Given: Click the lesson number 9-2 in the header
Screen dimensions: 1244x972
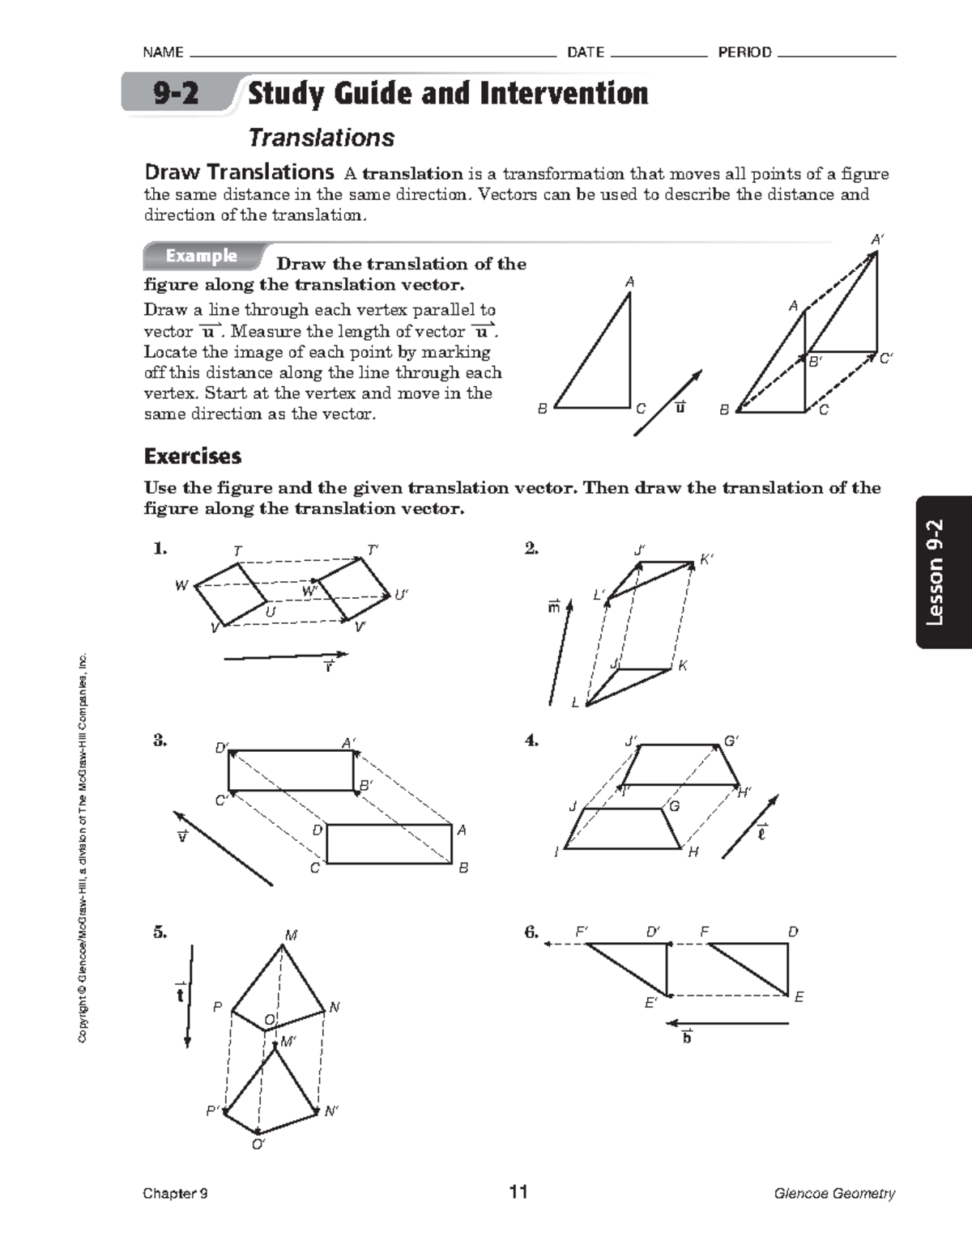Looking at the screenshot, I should click(176, 94).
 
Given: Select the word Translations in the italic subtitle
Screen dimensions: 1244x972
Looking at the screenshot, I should click(321, 138).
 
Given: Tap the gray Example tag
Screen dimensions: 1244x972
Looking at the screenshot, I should click(202, 256).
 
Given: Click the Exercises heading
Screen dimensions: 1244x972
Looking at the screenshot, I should click(193, 456).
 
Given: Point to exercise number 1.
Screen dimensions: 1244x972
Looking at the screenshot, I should click(160, 549).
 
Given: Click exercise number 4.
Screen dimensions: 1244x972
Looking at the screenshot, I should click(531, 740).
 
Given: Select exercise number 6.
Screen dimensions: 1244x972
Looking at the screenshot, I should click(531, 932).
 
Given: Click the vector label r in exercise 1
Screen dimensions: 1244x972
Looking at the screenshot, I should click(328, 667).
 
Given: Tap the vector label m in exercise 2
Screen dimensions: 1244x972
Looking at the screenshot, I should click(553, 606).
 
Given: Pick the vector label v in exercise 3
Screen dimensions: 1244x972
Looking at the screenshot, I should click(182, 836).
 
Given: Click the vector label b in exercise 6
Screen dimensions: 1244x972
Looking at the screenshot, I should click(687, 1038).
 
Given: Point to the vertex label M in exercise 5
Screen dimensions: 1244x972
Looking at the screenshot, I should click(291, 935).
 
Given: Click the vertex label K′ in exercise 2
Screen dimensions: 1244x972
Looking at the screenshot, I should click(706, 559).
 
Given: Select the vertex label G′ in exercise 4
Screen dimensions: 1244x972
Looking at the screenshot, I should click(731, 741).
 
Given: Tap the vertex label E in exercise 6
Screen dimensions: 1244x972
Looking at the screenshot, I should click(799, 997).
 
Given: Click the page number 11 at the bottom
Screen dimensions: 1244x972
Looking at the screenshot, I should click(518, 1192).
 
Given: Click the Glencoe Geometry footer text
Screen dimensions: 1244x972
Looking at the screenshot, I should click(834, 1193).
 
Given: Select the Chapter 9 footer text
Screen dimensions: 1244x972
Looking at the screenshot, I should click(175, 1193).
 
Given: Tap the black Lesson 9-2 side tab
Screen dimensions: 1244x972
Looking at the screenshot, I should click(943, 572).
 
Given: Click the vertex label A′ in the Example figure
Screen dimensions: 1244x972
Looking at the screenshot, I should click(877, 240).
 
